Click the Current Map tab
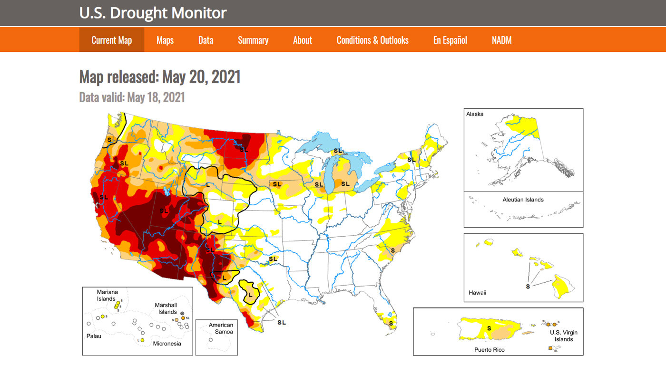(111, 40)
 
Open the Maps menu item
(165, 40)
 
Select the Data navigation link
(206, 40)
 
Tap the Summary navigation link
(253, 40)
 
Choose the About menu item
(303, 40)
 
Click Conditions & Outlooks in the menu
(372, 40)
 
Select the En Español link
(450, 40)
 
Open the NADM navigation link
(501, 40)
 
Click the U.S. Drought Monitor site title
(153, 13)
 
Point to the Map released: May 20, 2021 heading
(160, 77)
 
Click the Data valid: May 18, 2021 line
(132, 97)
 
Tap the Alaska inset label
(475, 115)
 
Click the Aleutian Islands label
(523, 200)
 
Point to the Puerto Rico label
(489, 349)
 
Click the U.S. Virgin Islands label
(564, 336)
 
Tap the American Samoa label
(221, 328)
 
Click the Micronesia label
(166, 343)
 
